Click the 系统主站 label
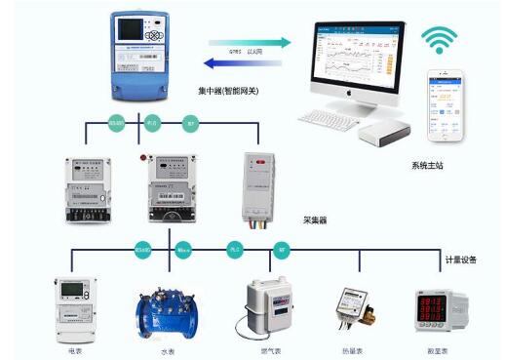(427, 166)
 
